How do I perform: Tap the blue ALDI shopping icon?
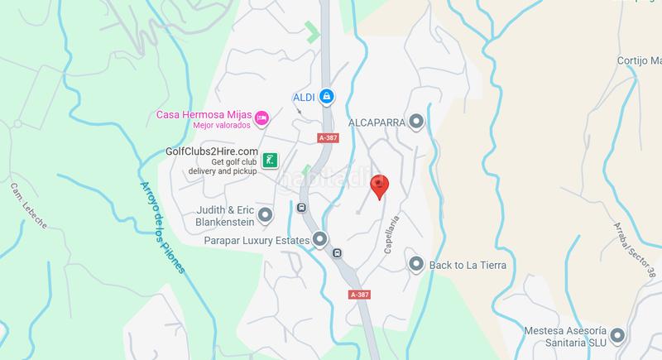tap(327, 97)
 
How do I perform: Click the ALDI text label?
tap(305, 97)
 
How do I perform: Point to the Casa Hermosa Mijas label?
tap(204, 114)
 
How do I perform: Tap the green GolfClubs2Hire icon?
tap(270, 160)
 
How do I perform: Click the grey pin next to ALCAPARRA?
tap(416, 122)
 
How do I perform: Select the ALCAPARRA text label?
tap(376, 122)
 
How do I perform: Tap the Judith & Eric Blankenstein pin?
tap(266, 216)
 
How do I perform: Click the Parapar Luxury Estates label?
tap(257, 241)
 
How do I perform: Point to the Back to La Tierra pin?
tap(416, 265)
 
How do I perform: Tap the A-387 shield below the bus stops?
tap(359, 294)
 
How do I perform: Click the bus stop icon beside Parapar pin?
tap(337, 252)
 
